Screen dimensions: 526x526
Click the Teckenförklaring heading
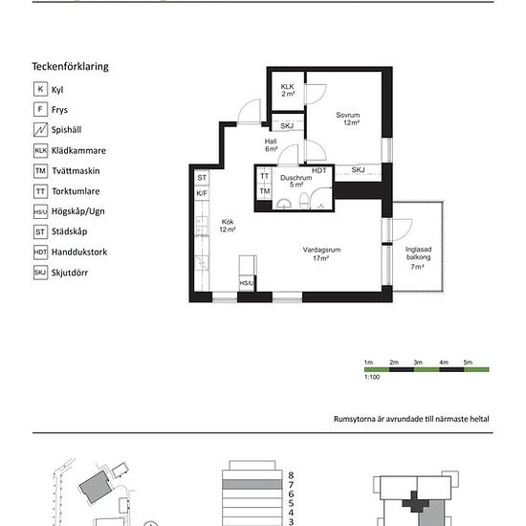[x=70, y=67]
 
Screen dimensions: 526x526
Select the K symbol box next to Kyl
[x=40, y=89]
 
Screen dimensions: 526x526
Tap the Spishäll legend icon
[x=40, y=129]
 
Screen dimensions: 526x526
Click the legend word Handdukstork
[x=79, y=252]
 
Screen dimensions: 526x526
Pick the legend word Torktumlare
[x=76, y=191]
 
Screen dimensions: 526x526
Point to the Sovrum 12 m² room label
[x=348, y=119]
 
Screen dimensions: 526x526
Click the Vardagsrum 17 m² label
[x=321, y=254]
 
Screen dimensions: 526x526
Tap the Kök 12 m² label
[x=228, y=226]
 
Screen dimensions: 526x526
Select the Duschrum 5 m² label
[x=296, y=181]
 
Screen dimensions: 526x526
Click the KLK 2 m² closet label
[x=288, y=90]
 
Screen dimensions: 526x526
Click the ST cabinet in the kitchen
[x=202, y=178]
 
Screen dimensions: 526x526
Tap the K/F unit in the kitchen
[x=202, y=193]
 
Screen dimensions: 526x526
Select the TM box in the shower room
[x=265, y=191]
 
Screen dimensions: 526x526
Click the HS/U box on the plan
[x=247, y=283]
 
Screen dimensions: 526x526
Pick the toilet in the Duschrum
[x=304, y=200]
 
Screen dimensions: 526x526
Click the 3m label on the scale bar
[x=418, y=362]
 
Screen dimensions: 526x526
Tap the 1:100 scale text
[x=372, y=377]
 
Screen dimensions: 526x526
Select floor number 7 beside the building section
[x=291, y=485]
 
